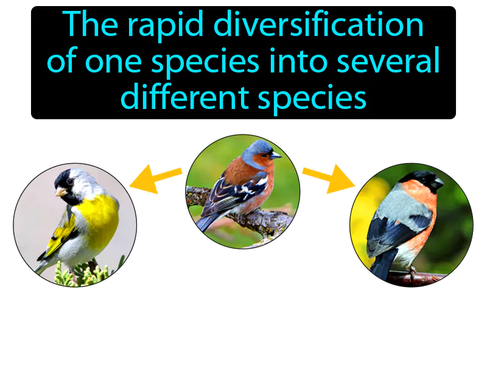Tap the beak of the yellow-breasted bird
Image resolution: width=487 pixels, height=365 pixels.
(61, 192)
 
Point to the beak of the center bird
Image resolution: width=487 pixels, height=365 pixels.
(276, 155)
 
